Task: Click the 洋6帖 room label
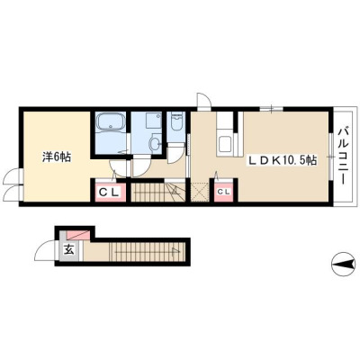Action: pyautogui.click(x=57, y=157)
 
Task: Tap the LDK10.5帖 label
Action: pyautogui.click(x=282, y=160)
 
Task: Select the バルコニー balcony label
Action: pyautogui.click(x=343, y=157)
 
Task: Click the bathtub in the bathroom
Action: pyautogui.click(x=111, y=123)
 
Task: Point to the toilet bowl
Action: pyautogui.click(x=176, y=121)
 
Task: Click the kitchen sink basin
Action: pyautogui.click(x=225, y=144)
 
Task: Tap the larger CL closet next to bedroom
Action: pyautogui.click(x=108, y=192)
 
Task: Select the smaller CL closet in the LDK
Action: pyautogui.click(x=223, y=192)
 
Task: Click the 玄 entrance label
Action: pyautogui.click(x=69, y=249)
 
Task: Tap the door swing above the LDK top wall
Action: pyautogui.click(x=203, y=99)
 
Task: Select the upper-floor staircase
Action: pyautogui.click(x=158, y=193)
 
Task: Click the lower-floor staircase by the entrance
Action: pyautogui.click(x=147, y=251)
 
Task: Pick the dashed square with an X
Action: pyautogui.click(x=200, y=192)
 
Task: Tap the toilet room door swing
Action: pyautogui.click(x=175, y=153)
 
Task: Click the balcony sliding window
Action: pyautogui.click(x=331, y=157)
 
